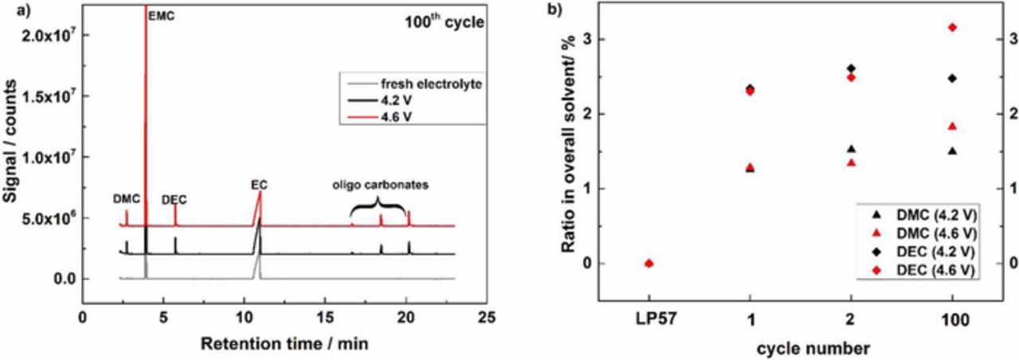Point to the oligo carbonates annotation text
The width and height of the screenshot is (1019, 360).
[381, 185]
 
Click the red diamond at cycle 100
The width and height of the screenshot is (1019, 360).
[953, 28]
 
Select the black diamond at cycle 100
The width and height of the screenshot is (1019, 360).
[953, 78]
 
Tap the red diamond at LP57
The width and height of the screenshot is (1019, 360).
[648, 263]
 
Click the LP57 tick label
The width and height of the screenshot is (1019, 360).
[648, 318]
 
